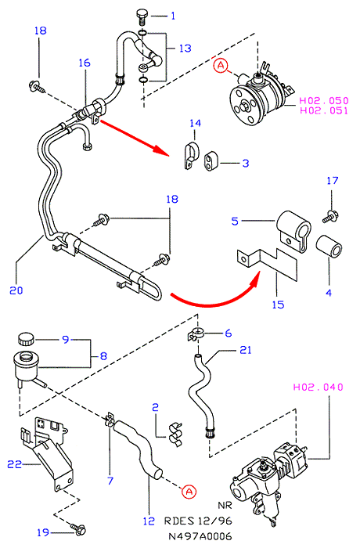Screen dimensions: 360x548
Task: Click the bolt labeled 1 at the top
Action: (x=142, y=17)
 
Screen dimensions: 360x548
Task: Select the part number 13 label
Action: (x=185, y=49)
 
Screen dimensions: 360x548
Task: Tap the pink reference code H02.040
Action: (x=318, y=387)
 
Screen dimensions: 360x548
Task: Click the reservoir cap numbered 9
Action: (x=26, y=339)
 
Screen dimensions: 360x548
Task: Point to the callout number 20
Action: (x=16, y=290)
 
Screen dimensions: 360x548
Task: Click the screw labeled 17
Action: (x=329, y=216)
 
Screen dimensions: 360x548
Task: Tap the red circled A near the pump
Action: (x=221, y=65)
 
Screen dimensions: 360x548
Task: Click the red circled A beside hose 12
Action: (x=189, y=492)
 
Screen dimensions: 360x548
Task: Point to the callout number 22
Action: (x=15, y=464)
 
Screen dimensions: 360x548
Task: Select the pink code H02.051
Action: (x=324, y=110)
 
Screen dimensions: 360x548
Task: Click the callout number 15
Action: (x=278, y=305)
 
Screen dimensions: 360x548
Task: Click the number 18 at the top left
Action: (x=41, y=31)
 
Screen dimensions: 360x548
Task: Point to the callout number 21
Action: (x=246, y=350)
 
